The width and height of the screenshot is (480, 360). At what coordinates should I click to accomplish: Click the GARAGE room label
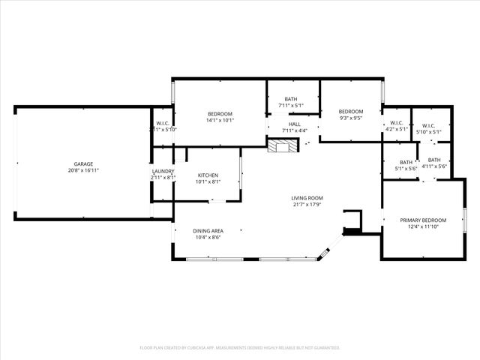pos(83,163)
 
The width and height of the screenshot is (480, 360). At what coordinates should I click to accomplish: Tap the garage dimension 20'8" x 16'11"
pos(83,170)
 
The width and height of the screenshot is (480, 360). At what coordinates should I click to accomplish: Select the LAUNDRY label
pos(163,171)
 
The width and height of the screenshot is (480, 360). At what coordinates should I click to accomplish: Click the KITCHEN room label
pos(208,175)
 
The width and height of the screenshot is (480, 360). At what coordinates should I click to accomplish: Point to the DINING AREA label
pos(208,231)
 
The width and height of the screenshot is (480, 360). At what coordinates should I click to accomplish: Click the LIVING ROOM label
pos(307,198)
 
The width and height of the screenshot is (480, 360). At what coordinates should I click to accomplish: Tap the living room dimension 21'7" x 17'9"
pos(307,205)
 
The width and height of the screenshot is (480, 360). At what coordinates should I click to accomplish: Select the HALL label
pos(295,124)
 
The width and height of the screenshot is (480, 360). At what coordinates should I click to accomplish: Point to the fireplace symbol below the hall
pos(281,146)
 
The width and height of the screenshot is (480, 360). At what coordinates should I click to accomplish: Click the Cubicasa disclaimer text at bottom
pos(240,348)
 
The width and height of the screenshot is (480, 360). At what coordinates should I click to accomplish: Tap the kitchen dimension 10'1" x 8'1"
pos(208,181)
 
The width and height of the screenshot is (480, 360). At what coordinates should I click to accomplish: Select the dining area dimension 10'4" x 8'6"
pos(208,238)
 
